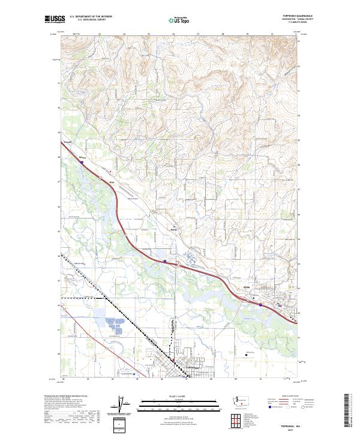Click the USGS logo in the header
(x=55, y=20)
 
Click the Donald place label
(x=67, y=142)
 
